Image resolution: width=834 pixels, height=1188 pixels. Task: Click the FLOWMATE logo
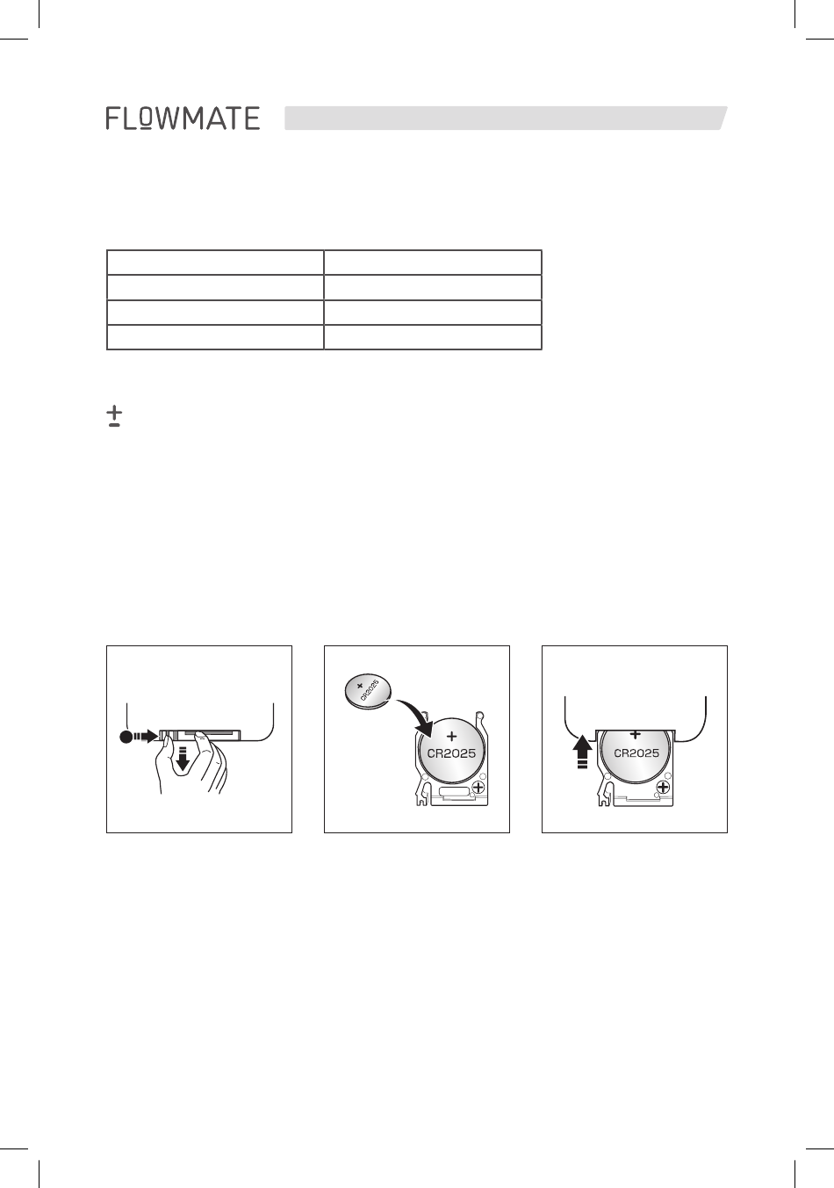183,118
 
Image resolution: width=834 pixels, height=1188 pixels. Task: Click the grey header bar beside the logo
506,118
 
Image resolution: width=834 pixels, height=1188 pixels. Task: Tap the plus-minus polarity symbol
114,416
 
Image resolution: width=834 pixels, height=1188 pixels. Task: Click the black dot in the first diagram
126,737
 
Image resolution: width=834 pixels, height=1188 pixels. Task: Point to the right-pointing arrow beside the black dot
147,736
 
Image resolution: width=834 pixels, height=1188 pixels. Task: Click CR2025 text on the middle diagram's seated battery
451,753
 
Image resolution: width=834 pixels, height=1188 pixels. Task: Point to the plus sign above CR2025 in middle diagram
451,736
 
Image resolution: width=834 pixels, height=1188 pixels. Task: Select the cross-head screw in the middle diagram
478,787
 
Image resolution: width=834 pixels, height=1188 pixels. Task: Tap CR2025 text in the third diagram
636,752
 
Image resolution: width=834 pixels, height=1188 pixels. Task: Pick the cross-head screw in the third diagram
663,787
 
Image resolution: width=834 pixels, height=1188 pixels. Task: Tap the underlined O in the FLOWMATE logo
147,119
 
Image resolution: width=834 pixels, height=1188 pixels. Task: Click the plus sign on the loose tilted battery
359,685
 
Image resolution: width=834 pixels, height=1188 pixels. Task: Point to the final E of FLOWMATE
251,118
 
